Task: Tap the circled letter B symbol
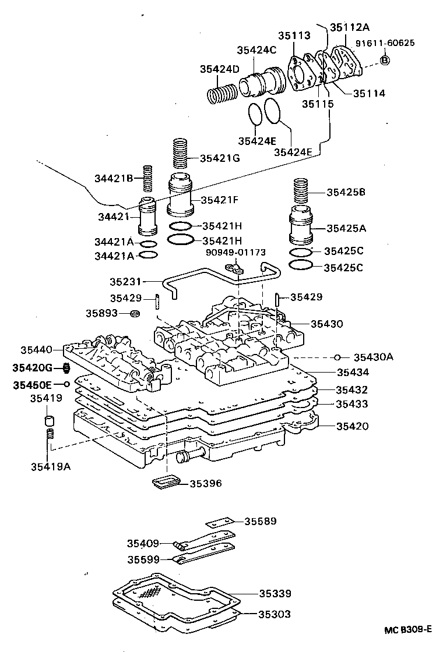coord(385,60)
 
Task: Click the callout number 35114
coord(368,93)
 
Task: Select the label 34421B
coord(115,178)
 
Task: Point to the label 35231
coord(126,281)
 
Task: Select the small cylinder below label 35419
coord(50,420)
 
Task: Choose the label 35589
coord(260,521)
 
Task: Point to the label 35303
coord(275,614)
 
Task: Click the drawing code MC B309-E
coord(407,630)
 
